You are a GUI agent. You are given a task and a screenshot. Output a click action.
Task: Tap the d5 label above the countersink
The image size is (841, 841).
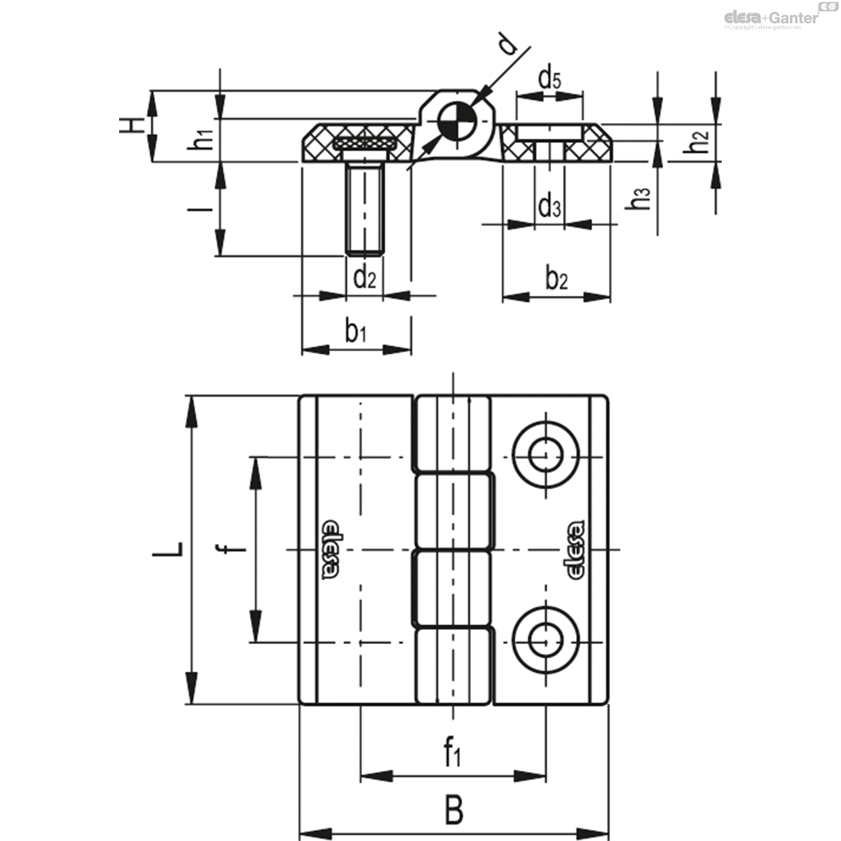point(549,79)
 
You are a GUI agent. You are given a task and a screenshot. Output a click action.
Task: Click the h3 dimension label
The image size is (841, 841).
point(638,198)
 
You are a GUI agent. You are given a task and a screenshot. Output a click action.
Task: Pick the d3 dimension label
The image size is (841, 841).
point(549,207)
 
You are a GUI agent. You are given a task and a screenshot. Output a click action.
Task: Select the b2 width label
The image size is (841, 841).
point(556,278)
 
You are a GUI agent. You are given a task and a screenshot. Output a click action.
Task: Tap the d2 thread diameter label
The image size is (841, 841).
point(364,278)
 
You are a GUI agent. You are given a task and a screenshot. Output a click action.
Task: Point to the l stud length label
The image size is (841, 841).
point(202,209)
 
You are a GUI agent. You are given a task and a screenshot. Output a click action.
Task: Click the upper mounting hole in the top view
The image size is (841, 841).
point(545,456)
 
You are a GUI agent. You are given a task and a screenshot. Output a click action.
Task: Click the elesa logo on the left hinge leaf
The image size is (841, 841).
point(330,550)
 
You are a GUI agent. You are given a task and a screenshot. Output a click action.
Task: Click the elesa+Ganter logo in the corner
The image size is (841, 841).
point(771,18)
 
